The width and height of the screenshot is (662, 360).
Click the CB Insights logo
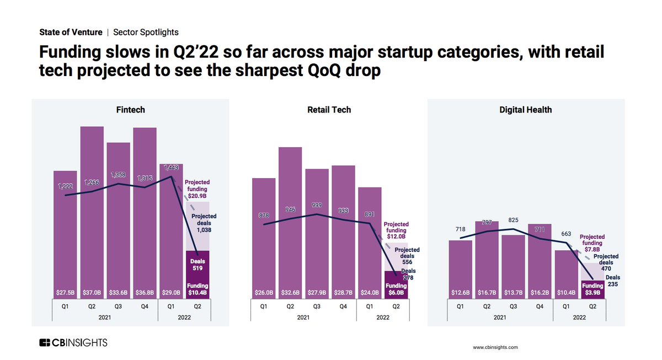pos(73,343)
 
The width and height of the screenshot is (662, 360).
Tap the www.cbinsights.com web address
pos(495,347)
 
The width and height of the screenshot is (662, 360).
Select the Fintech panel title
pos(131,110)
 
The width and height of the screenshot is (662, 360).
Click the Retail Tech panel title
pos(329,110)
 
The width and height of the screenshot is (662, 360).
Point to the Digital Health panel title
pos(526,110)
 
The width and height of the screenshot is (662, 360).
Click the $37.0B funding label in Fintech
pos(92,292)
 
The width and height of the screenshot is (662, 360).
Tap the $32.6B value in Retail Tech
pos(290,292)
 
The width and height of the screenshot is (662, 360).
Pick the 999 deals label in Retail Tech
pos(317,205)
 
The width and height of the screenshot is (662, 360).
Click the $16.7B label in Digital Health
pos(488,292)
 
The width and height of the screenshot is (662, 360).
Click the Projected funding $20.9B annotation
pos(197,189)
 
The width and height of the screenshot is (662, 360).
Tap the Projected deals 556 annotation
pos(407,256)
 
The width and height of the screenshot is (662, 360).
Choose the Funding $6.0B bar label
pos(396,290)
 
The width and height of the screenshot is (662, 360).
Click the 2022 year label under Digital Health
pos(579,318)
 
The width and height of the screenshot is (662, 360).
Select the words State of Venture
pos(70,33)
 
